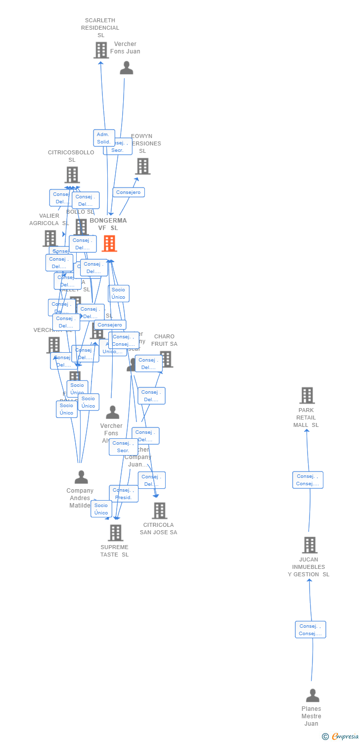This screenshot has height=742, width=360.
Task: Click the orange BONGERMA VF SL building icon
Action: [109, 243]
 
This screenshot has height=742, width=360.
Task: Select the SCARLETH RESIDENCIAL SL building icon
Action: [101, 50]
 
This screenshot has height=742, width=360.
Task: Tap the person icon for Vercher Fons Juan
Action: [127, 68]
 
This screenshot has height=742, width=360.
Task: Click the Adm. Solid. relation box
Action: [104, 138]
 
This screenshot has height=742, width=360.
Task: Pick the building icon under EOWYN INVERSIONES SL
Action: [142, 166]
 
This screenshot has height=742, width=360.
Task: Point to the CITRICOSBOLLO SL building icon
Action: [72, 175]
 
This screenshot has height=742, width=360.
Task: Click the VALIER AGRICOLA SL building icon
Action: [50, 238]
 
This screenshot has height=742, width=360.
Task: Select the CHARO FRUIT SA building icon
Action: [166, 359]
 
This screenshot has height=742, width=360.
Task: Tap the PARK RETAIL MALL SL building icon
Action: [307, 396]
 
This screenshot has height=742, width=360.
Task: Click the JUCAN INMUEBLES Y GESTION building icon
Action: [310, 545]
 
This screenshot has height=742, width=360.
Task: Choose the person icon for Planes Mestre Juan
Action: [312, 696]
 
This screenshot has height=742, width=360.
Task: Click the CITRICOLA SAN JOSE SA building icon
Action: [159, 510]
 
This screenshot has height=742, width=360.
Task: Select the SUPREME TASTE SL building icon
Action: [115, 533]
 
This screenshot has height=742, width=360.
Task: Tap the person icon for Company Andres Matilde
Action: [81, 477]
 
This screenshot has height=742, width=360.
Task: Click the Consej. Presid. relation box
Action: [124, 494]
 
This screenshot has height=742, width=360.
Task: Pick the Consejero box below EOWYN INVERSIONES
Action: [129, 192]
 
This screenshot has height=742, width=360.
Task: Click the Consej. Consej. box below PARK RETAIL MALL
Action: [308, 480]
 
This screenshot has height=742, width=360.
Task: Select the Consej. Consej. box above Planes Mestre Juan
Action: [311, 630]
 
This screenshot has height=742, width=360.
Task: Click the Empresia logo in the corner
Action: [340, 737]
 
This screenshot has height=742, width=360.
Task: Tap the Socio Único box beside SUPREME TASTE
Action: [101, 509]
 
